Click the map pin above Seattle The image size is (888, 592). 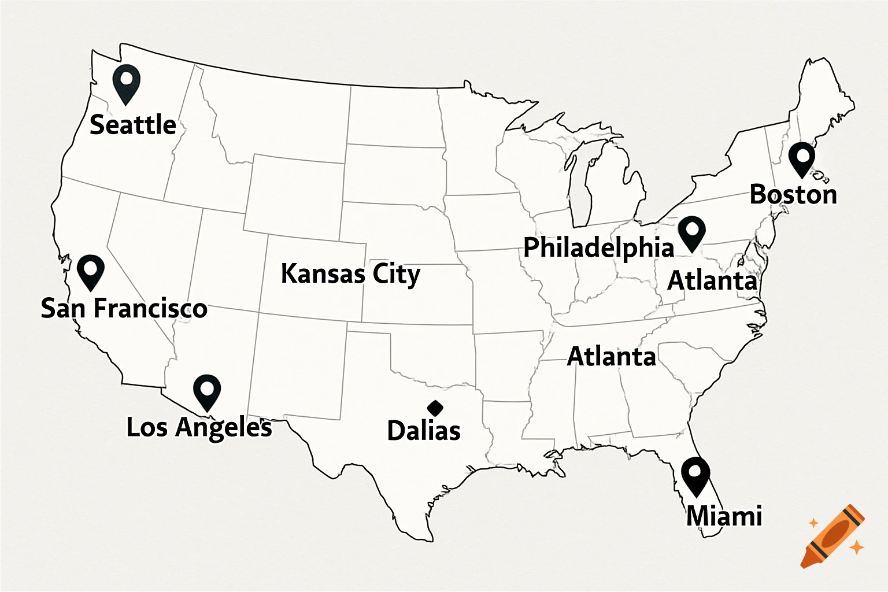(x=126, y=83)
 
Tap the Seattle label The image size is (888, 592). (x=133, y=125)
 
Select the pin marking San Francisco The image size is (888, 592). (x=91, y=271)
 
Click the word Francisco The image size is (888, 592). (x=150, y=308)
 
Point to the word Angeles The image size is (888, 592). (x=224, y=428)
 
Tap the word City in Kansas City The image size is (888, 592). (x=396, y=274)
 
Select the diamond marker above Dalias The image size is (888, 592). (x=435, y=408)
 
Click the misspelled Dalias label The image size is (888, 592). (x=424, y=431)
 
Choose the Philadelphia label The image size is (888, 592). (x=598, y=247)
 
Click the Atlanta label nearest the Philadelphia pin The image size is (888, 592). (x=712, y=281)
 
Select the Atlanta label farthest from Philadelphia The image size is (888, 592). (x=612, y=356)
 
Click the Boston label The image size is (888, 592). (x=793, y=194)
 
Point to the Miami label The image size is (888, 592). (x=724, y=516)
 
